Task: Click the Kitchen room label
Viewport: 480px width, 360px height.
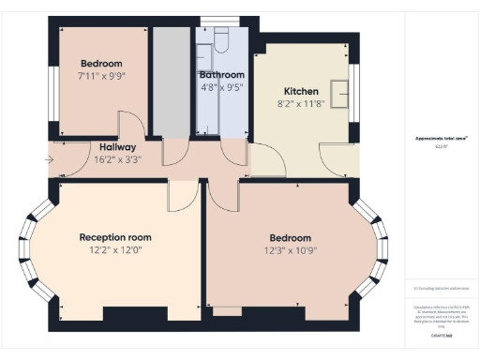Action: tap(302, 92)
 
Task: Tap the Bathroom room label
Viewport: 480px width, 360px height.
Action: tap(221, 75)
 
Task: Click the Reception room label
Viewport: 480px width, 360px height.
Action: tap(115, 237)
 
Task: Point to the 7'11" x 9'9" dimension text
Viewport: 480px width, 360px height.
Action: tap(102, 78)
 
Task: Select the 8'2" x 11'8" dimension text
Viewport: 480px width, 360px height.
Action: tap(302, 106)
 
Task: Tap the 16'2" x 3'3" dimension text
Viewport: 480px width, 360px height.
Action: tap(118, 160)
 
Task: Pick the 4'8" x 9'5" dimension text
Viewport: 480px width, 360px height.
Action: tap(221, 89)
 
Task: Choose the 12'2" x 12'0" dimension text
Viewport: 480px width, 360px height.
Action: tap(115, 250)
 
